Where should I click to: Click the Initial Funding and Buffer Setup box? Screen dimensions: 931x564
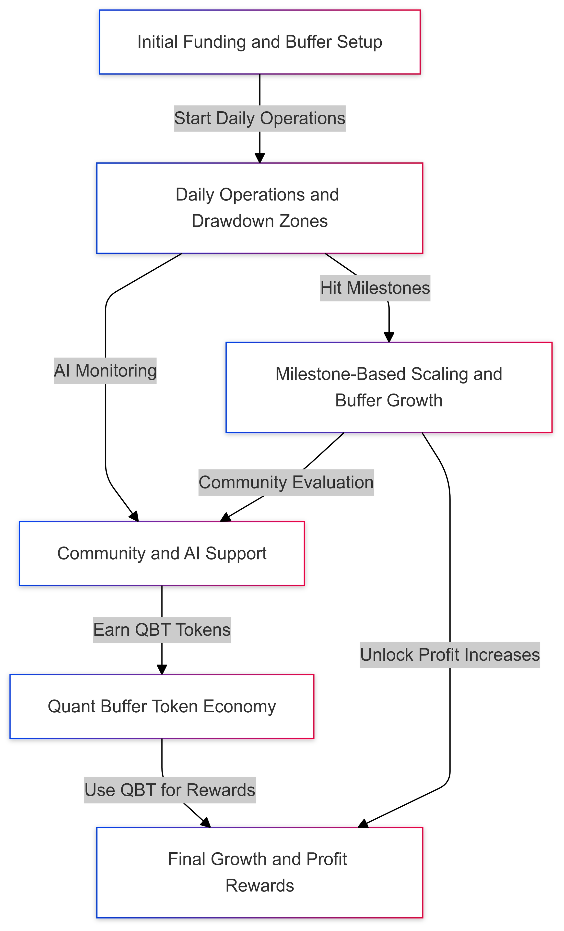[x=259, y=42]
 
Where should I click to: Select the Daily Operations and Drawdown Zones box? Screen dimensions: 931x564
[x=259, y=208]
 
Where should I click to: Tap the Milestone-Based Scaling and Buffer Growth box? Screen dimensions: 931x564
[x=389, y=387]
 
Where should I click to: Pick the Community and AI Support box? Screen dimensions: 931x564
[x=162, y=554]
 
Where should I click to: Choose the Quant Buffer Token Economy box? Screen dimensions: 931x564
[x=162, y=706]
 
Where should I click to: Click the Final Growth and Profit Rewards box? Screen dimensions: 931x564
[x=259, y=872]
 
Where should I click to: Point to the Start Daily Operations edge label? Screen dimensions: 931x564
[x=259, y=118]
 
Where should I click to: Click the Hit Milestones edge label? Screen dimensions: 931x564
[x=375, y=288]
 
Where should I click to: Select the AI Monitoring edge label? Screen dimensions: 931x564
[x=105, y=371]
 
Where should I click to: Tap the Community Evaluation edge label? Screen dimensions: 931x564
[x=286, y=482]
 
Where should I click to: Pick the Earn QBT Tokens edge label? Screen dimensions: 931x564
[x=162, y=630]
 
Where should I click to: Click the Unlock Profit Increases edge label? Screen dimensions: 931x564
[x=449, y=655]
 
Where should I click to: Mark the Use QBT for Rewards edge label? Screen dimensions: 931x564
[x=170, y=790]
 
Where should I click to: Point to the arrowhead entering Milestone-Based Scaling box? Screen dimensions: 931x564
[x=389, y=337]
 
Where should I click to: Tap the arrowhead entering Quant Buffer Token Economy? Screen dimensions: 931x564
[x=162, y=669]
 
